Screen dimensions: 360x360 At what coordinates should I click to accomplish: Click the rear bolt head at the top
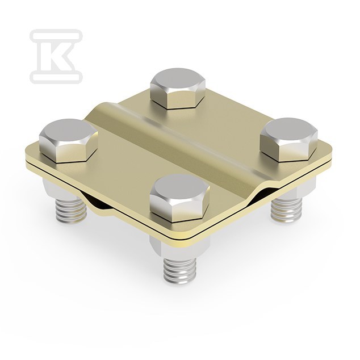pyautogui.click(x=178, y=89)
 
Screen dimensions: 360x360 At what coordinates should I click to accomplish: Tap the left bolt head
pyautogui.click(x=68, y=140)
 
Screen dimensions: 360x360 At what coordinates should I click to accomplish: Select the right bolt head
pyautogui.click(x=289, y=139)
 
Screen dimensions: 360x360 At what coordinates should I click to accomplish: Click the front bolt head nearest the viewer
pyautogui.click(x=179, y=198)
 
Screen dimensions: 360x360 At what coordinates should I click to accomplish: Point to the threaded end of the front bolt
pyautogui.click(x=180, y=271)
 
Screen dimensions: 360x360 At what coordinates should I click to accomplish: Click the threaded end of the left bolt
pyautogui.click(x=71, y=211)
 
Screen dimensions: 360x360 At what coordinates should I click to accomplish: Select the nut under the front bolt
pyautogui.click(x=179, y=248)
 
